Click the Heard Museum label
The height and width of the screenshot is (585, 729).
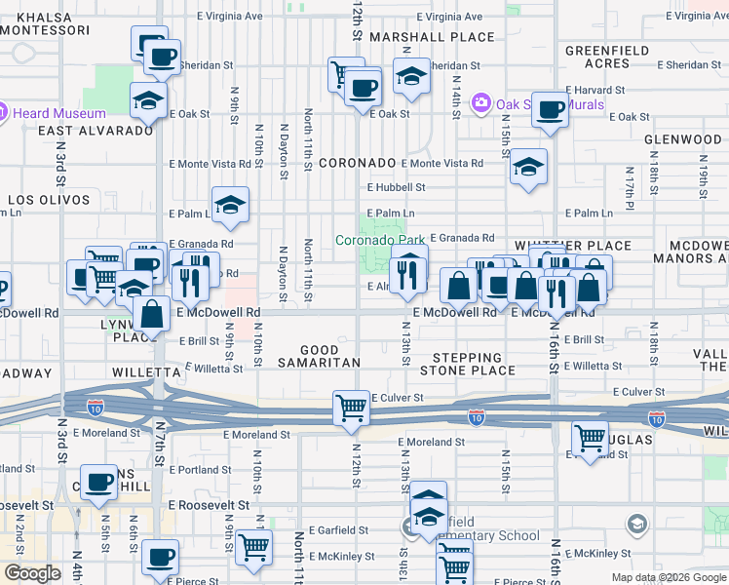tap(53, 113)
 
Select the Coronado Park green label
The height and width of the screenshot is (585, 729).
tap(380, 240)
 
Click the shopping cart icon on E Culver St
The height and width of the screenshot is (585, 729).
tap(350, 408)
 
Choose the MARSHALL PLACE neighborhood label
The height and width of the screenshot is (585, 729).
tap(419, 37)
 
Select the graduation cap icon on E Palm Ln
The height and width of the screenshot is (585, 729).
tap(230, 205)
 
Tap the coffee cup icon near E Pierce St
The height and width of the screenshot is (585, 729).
tap(161, 558)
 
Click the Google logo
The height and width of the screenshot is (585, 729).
tap(31, 573)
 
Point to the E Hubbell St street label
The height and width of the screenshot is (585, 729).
tap(396, 187)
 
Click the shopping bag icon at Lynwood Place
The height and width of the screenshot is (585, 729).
tap(152, 315)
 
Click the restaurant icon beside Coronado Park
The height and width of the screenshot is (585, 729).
tap(408, 274)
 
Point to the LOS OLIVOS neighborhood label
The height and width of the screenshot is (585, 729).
tap(49, 200)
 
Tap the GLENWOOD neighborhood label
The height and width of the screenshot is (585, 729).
tap(682, 139)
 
